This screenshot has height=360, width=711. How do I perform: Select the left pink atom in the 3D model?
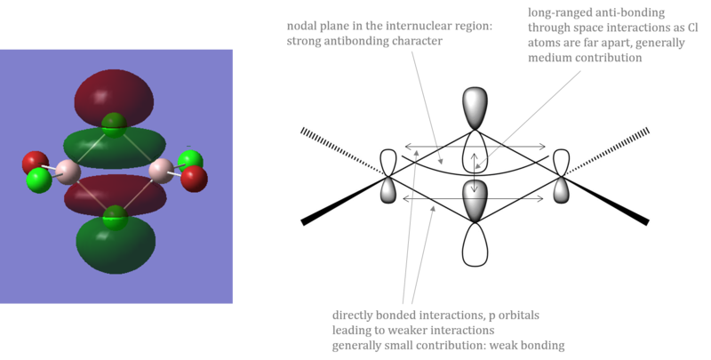click(x=68, y=172)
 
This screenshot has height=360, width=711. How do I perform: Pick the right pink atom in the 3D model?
click(x=162, y=171)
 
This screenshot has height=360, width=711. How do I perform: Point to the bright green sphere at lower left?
click(x=39, y=180)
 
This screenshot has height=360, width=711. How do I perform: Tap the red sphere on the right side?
click(x=194, y=179)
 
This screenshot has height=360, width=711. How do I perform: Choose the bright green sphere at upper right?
click(x=190, y=162)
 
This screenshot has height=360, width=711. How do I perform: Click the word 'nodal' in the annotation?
click(x=300, y=26)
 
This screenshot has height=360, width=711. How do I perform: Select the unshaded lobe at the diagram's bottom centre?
click(x=475, y=244)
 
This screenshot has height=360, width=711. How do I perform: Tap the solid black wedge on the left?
click(x=344, y=200)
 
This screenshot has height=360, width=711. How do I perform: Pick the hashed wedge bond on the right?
click(x=607, y=152)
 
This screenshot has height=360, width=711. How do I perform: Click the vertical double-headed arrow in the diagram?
click(x=475, y=172)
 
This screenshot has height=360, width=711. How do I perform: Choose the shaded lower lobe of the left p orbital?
click(x=388, y=190)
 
